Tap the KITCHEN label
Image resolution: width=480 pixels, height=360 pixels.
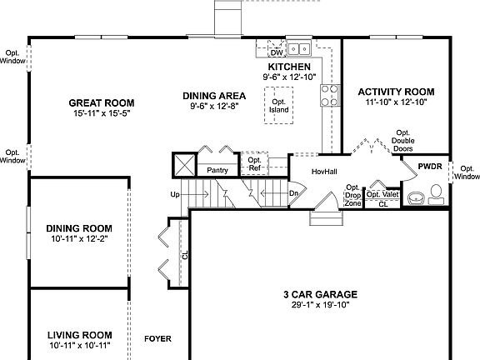click(x=289, y=67)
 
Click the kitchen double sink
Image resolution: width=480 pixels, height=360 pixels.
click(x=299, y=49)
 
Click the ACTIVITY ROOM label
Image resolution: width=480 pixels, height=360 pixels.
click(x=396, y=92)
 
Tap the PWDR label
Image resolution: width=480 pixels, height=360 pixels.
click(x=429, y=166)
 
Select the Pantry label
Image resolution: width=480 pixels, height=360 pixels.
click(x=217, y=170)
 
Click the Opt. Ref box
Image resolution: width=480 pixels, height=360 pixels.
click(x=255, y=164)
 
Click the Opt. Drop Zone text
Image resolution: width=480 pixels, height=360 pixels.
click(x=352, y=195)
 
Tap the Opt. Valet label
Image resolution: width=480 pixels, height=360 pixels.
click(x=383, y=194)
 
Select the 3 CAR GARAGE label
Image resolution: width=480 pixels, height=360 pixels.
click(x=319, y=294)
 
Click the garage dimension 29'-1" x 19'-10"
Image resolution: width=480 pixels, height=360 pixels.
click(x=319, y=305)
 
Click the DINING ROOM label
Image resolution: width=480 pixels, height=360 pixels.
click(x=79, y=227)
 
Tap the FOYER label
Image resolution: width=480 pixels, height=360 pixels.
click(x=157, y=339)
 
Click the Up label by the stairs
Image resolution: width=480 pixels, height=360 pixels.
click(x=174, y=194)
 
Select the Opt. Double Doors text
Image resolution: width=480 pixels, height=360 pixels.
click(x=402, y=141)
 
